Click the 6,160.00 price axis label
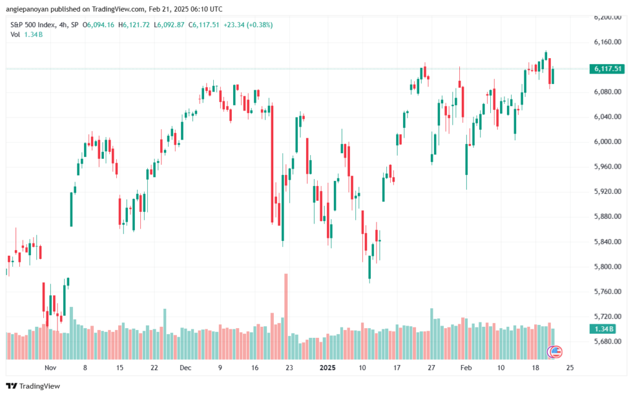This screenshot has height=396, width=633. [x=606, y=41]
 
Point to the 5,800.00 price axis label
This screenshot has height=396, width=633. [x=606, y=266]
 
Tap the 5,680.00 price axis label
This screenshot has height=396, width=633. [x=606, y=341]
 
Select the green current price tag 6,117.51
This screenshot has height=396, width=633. [x=606, y=69]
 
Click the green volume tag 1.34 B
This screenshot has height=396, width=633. [x=603, y=329]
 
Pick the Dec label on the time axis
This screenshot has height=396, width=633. [x=186, y=367]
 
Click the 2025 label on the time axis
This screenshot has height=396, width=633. [x=327, y=367]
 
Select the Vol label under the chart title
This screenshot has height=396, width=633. [x=15, y=35]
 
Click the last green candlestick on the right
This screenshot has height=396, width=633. [x=553, y=76]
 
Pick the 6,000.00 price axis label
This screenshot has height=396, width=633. [x=606, y=141]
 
